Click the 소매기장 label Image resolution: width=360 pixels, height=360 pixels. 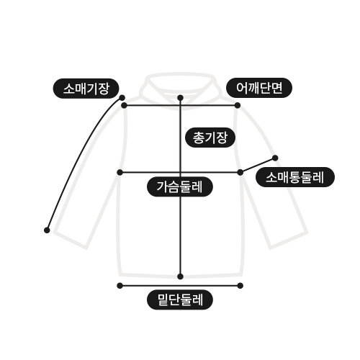click(86, 89)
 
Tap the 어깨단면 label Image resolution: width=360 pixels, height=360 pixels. click(259, 88)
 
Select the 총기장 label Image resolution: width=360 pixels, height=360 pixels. click(210, 138)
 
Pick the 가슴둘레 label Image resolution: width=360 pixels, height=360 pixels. click(180, 186)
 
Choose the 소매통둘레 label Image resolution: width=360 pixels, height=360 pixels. click(295, 177)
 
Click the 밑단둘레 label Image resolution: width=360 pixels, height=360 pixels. click(180, 300)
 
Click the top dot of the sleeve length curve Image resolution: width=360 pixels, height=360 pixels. click(122, 98)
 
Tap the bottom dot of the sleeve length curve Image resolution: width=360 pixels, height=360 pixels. click(47, 230)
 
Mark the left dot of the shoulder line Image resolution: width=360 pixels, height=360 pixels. click(124, 105)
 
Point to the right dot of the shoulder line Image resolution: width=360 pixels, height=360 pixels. click(238, 105)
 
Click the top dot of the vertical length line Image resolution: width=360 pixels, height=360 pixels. click(181, 98)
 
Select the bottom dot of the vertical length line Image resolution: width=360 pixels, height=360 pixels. click(181, 276)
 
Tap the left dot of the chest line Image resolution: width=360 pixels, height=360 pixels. click(120, 172)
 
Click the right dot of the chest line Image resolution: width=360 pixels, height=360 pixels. click(240, 172)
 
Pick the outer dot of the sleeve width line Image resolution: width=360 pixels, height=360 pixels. click(275, 158)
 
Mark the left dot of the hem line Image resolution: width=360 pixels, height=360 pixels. click(120, 286)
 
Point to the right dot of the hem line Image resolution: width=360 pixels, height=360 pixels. click(240, 286)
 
